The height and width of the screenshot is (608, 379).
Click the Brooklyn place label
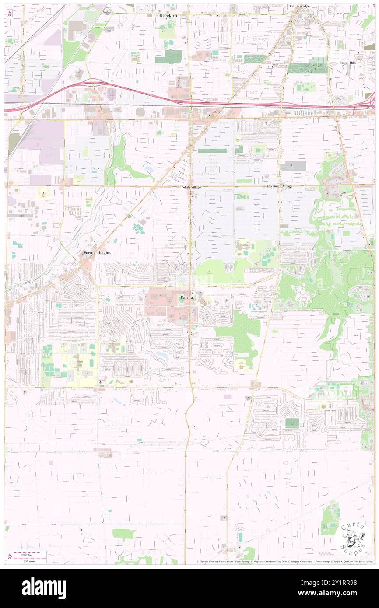coord(168,15)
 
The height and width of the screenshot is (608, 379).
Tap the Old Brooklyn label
coord(299,6)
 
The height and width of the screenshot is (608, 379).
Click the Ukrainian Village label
coord(279,186)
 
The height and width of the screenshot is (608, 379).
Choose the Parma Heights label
coord(98,253)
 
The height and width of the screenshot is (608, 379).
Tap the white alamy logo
coord(44,588)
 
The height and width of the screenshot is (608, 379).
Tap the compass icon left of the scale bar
coord(10,556)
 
